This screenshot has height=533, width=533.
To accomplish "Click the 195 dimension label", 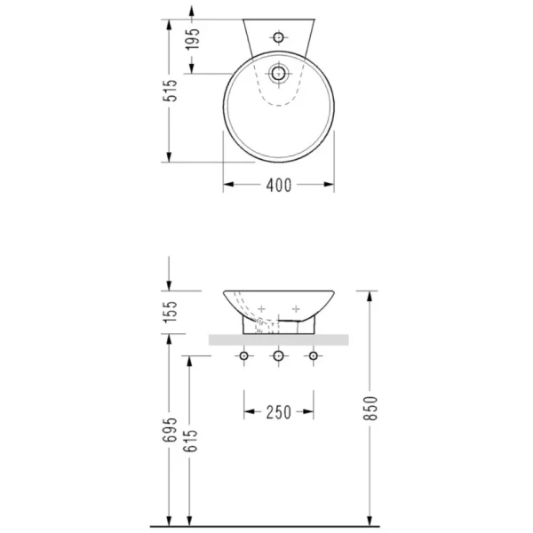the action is [192, 39].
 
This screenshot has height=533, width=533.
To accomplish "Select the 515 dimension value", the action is [170, 91].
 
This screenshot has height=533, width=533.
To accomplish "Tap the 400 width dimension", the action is [279, 186].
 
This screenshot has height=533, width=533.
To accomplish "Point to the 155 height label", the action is [170, 312].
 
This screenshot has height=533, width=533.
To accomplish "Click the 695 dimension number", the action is [170, 430].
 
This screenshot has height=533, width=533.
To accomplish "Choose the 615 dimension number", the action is [190, 441].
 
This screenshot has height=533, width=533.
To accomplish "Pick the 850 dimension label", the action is [370, 409].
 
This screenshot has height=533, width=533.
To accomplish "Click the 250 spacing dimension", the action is [279, 412].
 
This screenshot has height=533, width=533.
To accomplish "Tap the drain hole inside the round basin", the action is [278, 73].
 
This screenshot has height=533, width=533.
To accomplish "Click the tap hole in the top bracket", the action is [278, 37].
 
